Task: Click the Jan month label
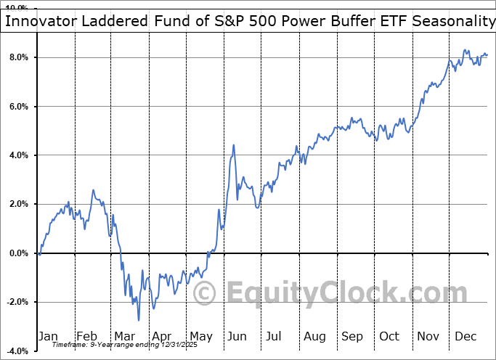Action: [49, 336]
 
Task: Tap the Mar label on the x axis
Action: [124, 336]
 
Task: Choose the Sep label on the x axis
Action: [352, 336]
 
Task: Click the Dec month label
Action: [465, 336]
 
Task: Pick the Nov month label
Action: [428, 336]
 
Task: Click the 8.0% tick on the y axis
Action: [18, 57]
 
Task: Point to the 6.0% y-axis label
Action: [18, 107]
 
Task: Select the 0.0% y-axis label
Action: [18, 253]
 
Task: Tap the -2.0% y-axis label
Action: [17, 302]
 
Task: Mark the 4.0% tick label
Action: [18, 155]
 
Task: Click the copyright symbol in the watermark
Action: [205, 294]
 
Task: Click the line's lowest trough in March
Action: [139, 320]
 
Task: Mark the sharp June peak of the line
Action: [234, 145]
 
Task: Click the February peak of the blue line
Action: [93, 190]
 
